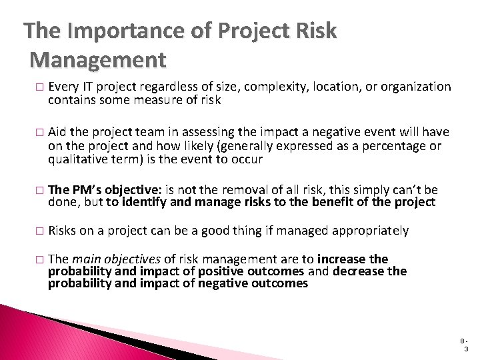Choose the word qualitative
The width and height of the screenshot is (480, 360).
77,160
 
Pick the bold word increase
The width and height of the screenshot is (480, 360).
343,259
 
